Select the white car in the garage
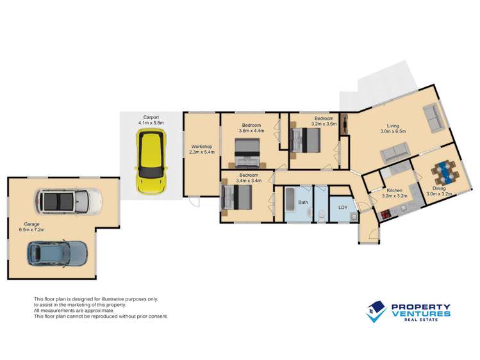click(x=69, y=202)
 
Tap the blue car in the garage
click(x=56, y=254)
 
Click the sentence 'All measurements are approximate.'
click(x=72, y=311)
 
